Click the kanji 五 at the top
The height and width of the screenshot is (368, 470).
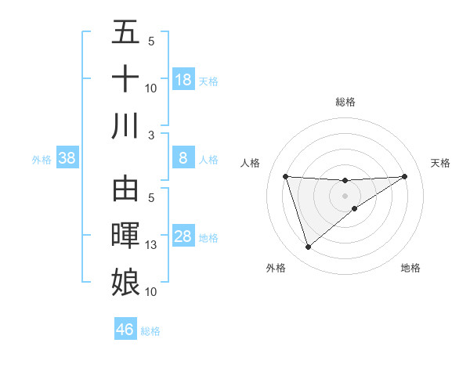tap(125, 33)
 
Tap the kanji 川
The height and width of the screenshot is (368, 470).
tap(125, 126)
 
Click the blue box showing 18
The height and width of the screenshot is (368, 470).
tap(183, 80)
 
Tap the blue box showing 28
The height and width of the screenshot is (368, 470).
tap(183, 237)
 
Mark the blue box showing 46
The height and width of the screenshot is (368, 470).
tap(125, 330)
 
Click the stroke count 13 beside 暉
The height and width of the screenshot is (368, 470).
tap(150, 245)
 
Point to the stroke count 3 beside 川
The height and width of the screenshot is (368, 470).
tap(150, 135)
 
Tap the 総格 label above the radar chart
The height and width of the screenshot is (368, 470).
tap(345, 102)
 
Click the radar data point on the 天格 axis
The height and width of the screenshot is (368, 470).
tap(404, 176)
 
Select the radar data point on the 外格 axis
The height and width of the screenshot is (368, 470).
tap(308, 247)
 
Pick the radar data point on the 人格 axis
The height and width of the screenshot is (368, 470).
tap(286, 176)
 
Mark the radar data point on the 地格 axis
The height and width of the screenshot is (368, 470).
tap(355, 208)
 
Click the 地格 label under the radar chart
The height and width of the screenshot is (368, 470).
tap(410, 269)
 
